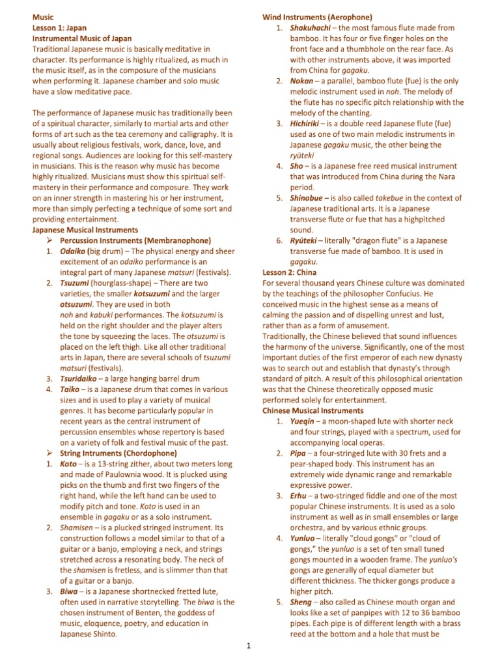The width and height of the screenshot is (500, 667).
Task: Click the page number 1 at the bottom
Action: (x=249, y=646)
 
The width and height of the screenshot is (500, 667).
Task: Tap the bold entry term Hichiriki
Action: (x=309, y=124)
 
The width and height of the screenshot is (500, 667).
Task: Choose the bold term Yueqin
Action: (x=305, y=421)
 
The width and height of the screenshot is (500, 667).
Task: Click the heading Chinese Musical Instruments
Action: (x=313, y=411)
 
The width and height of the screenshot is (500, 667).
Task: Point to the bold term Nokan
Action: (x=303, y=81)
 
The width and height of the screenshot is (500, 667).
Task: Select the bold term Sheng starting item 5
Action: (x=302, y=602)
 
